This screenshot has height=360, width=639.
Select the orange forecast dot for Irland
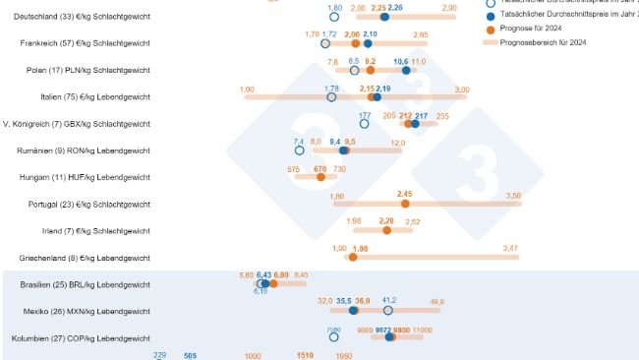(x=386, y=230)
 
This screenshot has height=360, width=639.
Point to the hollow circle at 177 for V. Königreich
(x=365, y=124)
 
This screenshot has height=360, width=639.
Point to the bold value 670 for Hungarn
(x=319, y=169)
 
